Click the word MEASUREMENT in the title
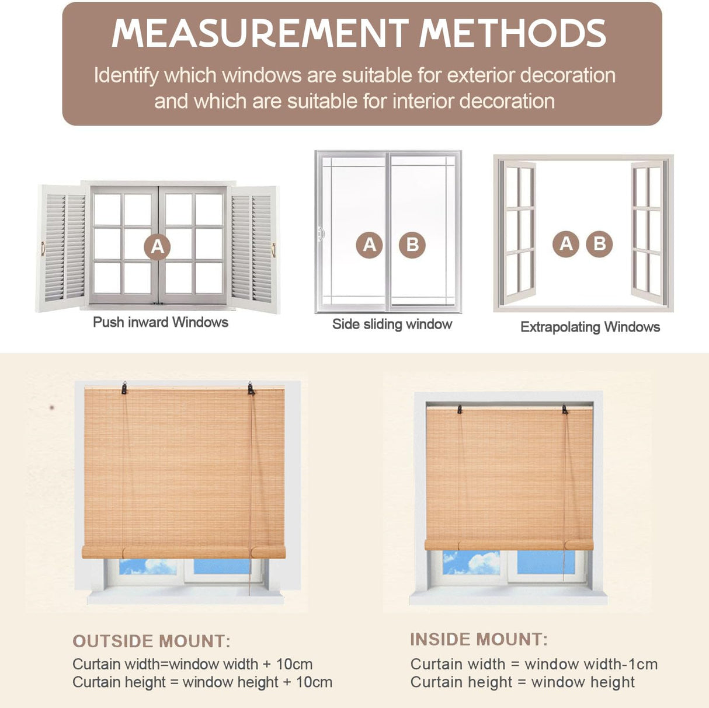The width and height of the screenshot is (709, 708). [260, 33]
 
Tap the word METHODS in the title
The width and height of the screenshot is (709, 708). [513, 33]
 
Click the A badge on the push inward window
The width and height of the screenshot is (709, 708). [157, 246]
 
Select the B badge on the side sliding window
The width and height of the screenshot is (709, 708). [412, 245]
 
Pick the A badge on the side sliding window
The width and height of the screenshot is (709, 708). [370, 245]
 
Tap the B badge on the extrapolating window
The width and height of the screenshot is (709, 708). [599, 243]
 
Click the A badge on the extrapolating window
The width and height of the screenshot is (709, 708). [566, 243]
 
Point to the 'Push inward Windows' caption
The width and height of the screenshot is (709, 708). [161, 322]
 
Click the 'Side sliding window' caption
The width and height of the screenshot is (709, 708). [392, 324]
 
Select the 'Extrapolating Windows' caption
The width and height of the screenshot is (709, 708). [590, 327]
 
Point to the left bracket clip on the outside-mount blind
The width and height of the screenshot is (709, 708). [124, 388]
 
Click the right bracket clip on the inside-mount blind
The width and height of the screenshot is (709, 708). [565, 409]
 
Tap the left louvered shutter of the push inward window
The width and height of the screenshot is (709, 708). [61, 248]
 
